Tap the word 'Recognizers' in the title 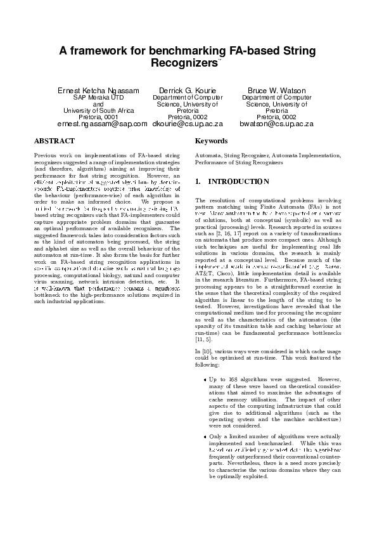[184, 63]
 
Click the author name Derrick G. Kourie [188, 91]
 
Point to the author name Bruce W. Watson [276, 91]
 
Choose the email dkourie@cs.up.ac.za [188, 124]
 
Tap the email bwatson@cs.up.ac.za [276, 124]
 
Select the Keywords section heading [212, 141]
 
